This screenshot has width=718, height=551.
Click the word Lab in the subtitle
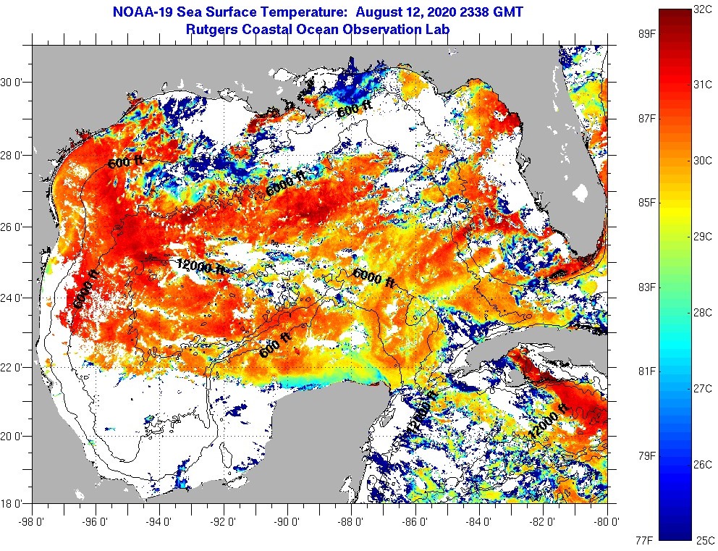439,30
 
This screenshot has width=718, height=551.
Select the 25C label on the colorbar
704,539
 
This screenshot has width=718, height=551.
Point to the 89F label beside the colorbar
647,33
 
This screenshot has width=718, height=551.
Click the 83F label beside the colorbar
647,287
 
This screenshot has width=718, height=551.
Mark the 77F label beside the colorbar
647,539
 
